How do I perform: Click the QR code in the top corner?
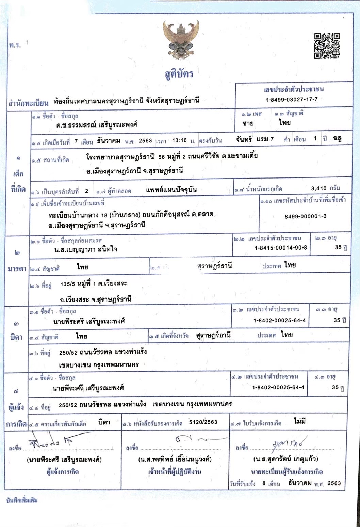point(327,46)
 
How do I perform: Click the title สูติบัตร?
point(179,74)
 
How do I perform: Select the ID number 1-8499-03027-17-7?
point(292,99)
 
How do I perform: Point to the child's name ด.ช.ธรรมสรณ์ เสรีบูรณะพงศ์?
point(97,125)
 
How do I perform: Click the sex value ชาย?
point(248,123)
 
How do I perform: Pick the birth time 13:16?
point(180,140)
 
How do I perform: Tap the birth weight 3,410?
point(319,188)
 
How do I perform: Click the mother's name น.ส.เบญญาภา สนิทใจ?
point(83,249)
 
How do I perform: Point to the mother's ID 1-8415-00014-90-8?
point(281,248)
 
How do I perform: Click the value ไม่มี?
point(300,421)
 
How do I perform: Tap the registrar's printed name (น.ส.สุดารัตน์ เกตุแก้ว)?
point(286,459)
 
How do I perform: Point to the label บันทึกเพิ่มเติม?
point(22,500)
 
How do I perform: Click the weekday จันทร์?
point(243,139)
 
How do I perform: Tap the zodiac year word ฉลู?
point(337,138)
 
